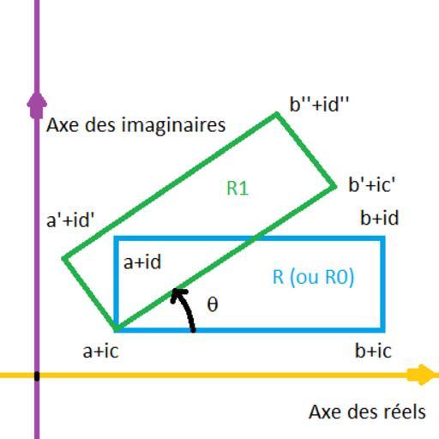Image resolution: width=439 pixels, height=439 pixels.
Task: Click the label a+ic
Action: [100, 351]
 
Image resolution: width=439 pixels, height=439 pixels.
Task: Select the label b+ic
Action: [373, 350]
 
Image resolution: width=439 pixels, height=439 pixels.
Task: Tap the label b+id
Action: [379, 218]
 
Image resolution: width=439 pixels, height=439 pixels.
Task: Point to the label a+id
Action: [142, 262]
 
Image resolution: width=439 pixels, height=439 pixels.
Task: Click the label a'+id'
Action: [70, 220]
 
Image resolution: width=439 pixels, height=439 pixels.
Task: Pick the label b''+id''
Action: [319, 104]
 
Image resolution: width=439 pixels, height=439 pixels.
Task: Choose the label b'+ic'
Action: [372, 184]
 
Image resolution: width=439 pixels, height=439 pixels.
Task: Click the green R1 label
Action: [238, 188]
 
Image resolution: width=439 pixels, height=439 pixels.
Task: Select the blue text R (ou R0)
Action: [314, 277]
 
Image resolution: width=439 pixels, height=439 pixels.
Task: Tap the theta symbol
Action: [213, 304]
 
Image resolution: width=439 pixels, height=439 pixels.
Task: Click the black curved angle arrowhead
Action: [177, 294]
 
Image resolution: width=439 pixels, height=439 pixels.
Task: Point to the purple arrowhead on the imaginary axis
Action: [37, 105]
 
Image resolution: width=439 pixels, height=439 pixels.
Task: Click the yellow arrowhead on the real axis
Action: [422, 375]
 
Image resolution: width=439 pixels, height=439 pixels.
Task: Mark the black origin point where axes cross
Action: [37, 376]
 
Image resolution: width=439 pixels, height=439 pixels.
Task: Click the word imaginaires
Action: [173, 125]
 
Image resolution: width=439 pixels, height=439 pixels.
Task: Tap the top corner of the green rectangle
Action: [276, 114]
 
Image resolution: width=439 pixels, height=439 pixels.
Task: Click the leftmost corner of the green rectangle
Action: [64, 258]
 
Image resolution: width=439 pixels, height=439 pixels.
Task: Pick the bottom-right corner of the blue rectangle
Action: [382, 330]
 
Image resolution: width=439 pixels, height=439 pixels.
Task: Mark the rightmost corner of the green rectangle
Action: [334, 187]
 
